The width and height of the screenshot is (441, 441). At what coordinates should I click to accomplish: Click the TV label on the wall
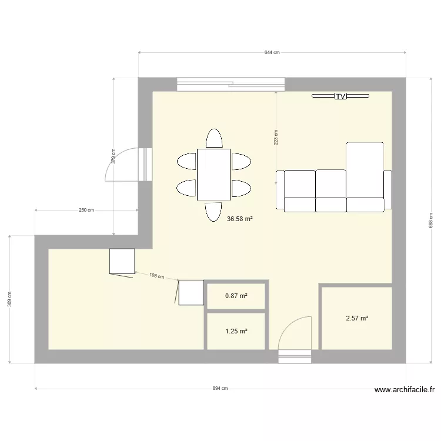pyautogui.click(x=340, y=96)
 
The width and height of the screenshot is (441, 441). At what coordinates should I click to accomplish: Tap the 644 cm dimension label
pyautogui.click(x=272, y=52)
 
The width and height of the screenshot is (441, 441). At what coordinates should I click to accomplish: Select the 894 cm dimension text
pyautogui.click(x=220, y=389)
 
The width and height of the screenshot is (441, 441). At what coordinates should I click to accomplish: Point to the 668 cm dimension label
pyautogui.click(x=430, y=220)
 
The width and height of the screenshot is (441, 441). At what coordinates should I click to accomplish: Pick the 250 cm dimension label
pyautogui.click(x=86, y=210)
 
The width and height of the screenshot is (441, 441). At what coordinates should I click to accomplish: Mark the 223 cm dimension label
pyautogui.click(x=276, y=137)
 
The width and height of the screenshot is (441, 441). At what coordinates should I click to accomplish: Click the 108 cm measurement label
pyautogui.click(x=156, y=276)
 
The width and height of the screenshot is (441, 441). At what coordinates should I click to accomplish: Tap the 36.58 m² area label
pyautogui.click(x=239, y=219)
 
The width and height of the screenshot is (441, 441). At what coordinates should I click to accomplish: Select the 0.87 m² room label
pyautogui.click(x=236, y=296)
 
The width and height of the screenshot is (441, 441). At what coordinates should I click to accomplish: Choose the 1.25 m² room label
pyautogui.click(x=236, y=331)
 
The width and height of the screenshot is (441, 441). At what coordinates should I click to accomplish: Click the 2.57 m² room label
pyautogui.click(x=356, y=318)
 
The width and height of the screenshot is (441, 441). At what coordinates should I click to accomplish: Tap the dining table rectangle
pyautogui.click(x=213, y=175)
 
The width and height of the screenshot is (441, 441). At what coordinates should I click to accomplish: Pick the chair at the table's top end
pyautogui.click(x=214, y=138)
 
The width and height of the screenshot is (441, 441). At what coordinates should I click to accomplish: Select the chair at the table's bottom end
pyautogui.click(x=214, y=211)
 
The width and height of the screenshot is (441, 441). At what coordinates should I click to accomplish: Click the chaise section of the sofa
pyautogui.click(x=365, y=170)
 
